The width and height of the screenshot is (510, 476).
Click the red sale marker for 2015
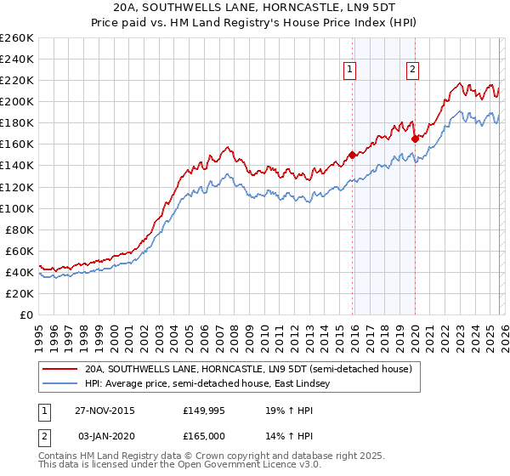[x=351, y=155]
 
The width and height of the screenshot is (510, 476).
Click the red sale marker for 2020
[x=415, y=139]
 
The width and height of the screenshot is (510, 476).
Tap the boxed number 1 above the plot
[x=351, y=71]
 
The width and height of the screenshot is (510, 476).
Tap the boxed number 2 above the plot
[x=412, y=71]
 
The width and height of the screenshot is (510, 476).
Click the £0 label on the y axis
[x=26, y=314]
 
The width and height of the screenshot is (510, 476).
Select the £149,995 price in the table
[x=201, y=410]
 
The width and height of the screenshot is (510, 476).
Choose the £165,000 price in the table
[x=201, y=435]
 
